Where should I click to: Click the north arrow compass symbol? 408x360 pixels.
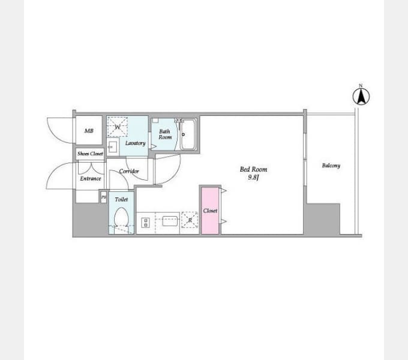point(361,96)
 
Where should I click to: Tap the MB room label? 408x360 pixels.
point(89,131)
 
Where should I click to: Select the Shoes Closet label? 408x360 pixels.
point(90,154)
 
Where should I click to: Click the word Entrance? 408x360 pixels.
point(90,178)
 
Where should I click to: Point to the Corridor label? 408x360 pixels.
point(129,171)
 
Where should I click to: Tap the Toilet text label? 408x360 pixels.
point(121,200)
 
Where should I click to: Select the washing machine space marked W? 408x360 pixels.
point(118,127)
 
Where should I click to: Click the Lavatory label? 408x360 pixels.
point(136,143)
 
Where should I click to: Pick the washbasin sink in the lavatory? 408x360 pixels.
point(113,147)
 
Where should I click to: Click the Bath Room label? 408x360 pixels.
point(165,134)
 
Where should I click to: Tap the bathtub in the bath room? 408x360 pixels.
point(188,134)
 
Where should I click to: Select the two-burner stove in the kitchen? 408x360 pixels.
point(145,223)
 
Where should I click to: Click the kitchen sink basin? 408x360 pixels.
point(170,221)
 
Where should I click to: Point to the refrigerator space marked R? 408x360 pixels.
point(190,220)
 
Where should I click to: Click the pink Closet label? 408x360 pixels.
point(210,211)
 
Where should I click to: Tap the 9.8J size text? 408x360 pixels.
point(253,178)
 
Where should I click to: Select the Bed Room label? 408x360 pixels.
point(253,170)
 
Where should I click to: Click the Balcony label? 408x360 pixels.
point(331,166)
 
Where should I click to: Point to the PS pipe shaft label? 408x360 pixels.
point(104,197)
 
